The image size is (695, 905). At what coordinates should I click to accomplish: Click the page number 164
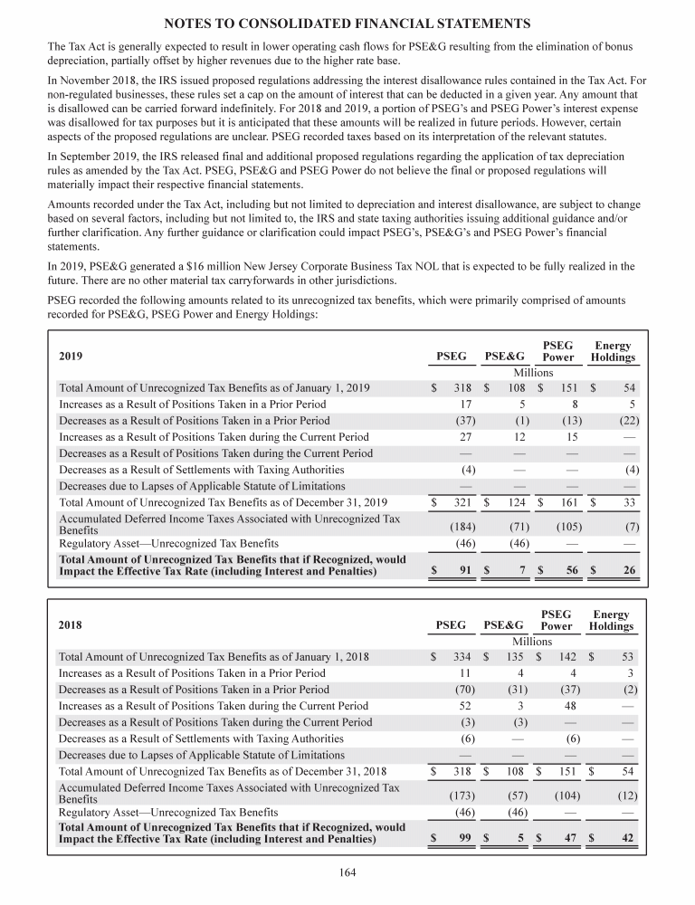click(347, 872)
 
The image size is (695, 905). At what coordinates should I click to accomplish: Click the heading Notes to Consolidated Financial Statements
click(347, 22)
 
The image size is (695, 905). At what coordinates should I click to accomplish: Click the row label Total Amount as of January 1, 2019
click(214, 388)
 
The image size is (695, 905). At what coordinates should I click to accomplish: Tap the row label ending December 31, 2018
click(223, 771)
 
